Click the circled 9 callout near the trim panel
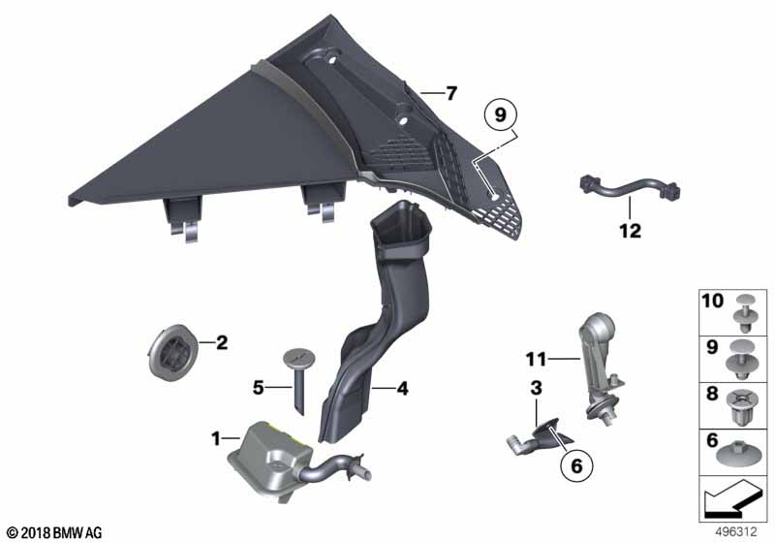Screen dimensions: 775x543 coord(500,115)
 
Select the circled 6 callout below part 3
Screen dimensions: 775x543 coord(576,465)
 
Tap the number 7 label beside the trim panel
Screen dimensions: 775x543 coord(450,93)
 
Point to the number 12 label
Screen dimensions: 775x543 coord(631,231)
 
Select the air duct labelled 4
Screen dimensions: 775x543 coord(377,322)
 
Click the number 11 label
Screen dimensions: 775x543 coord(537,359)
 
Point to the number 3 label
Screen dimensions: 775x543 coord(536,388)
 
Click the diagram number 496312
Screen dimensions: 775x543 coord(736,532)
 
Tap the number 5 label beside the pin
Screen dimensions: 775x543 coord(258,388)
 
